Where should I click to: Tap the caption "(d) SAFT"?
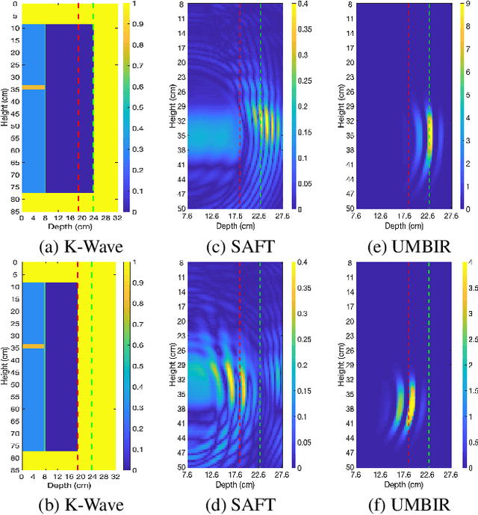click(x=237, y=496)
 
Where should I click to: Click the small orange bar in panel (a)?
click(x=33, y=87)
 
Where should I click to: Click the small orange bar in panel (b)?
click(x=33, y=346)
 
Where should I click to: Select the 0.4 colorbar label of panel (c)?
click(x=300, y=5)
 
